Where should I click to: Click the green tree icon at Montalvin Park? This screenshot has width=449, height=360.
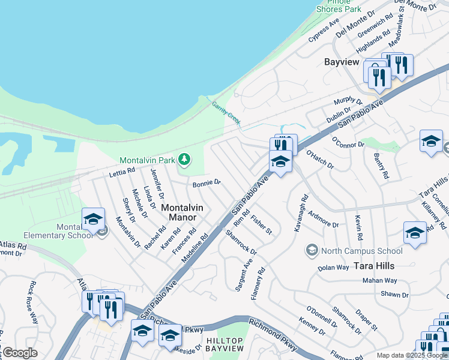185,160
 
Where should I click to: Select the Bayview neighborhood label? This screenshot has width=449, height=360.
342,62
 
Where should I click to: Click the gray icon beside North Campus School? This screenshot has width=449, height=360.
312,250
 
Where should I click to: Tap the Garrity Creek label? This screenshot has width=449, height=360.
226,113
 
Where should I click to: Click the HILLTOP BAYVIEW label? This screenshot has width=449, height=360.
225,344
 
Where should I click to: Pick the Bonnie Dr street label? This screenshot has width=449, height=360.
207,183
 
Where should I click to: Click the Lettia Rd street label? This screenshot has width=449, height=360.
122,172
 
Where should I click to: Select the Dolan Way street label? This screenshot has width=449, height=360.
333,268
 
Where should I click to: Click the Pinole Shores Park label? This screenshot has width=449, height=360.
339,6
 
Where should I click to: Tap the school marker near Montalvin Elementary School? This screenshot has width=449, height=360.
93,220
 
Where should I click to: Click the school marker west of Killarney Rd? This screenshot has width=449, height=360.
415,233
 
